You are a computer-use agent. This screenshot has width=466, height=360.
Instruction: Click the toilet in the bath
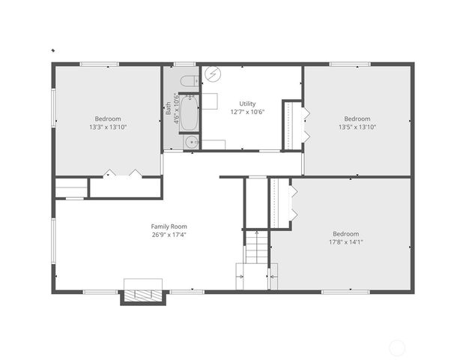(188, 80)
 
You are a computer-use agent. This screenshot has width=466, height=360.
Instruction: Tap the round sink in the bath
(192, 141)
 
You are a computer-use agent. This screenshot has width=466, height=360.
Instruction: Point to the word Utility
(247, 103)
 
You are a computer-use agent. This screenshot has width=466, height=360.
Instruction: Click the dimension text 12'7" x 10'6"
(247, 112)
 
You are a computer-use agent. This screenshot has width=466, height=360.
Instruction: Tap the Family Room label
(169, 226)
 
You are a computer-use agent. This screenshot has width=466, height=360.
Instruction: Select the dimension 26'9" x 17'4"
(169, 235)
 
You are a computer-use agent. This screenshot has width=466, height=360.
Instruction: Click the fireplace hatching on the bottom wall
(142, 295)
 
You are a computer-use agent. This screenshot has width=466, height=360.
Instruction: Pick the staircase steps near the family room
(256, 247)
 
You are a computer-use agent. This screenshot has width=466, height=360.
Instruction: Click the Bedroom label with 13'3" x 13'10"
(107, 118)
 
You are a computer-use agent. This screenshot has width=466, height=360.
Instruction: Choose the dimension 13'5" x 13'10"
(357, 127)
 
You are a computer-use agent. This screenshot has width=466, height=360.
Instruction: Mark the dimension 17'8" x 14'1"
(345, 242)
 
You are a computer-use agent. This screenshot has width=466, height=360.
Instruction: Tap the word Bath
(168, 109)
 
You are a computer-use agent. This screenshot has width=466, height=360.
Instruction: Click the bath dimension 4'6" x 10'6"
(176, 109)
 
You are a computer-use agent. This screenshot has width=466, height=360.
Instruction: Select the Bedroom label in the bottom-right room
(345, 233)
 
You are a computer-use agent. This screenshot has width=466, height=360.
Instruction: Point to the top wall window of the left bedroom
(99, 64)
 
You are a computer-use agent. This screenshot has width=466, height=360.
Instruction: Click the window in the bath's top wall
(184, 64)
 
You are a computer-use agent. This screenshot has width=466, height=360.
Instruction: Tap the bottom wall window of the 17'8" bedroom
(345, 291)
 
